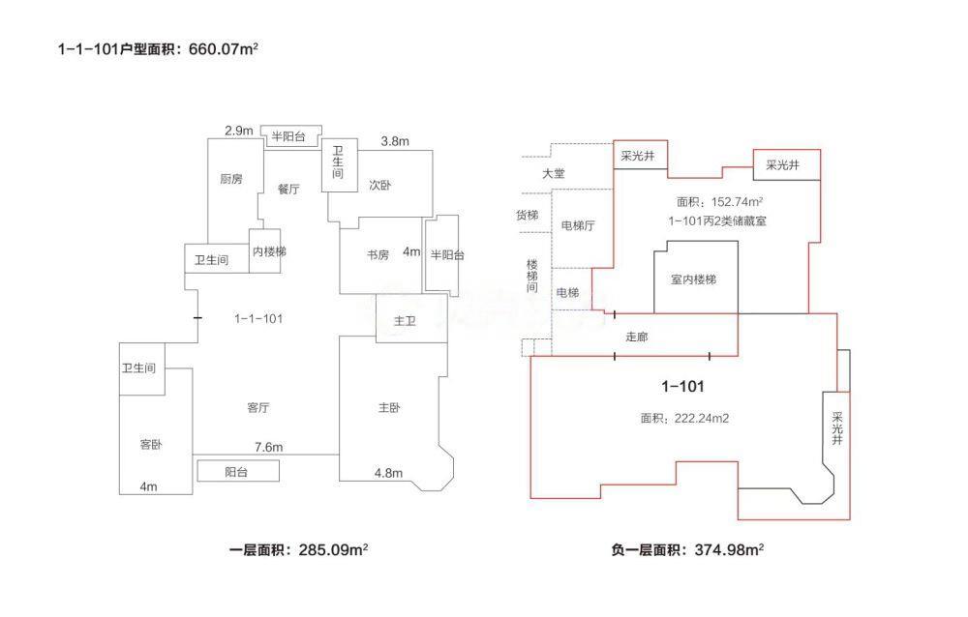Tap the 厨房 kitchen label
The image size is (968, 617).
(x=230, y=179)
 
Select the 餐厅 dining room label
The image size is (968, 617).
(x=288, y=190)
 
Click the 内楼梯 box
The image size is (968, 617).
(x=269, y=251)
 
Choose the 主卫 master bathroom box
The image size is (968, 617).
(x=405, y=321)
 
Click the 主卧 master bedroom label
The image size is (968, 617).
(x=389, y=407)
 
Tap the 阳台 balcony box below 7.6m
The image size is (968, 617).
(x=238, y=471)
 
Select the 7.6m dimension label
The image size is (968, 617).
(x=268, y=447)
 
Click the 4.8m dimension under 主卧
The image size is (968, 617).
(x=388, y=473)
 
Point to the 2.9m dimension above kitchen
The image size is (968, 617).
(x=238, y=131)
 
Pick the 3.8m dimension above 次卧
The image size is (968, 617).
(x=394, y=141)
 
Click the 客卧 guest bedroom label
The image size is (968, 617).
(x=150, y=445)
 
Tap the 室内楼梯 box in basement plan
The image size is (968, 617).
(x=694, y=279)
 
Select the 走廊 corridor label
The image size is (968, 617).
(x=637, y=337)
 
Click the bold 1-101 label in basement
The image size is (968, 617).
(x=682, y=386)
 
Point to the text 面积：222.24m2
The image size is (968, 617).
(x=683, y=419)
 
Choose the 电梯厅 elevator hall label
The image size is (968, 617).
(x=578, y=225)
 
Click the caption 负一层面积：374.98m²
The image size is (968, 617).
(x=687, y=549)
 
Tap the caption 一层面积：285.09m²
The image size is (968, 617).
(x=299, y=549)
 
